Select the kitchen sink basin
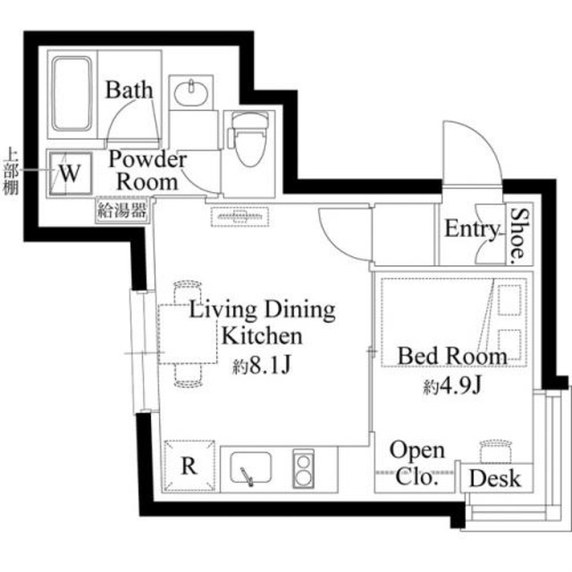[x=251, y=467]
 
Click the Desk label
[x=494, y=479]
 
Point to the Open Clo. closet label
[x=416, y=463]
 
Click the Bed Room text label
[x=451, y=356]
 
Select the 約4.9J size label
[x=455, y=387]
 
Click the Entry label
[x=471, y=230]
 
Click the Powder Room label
[x=147, y=170]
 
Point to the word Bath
[x=130, y=90]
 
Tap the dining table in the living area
[x=188, y=334]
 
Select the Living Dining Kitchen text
[x=261, y=324]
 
